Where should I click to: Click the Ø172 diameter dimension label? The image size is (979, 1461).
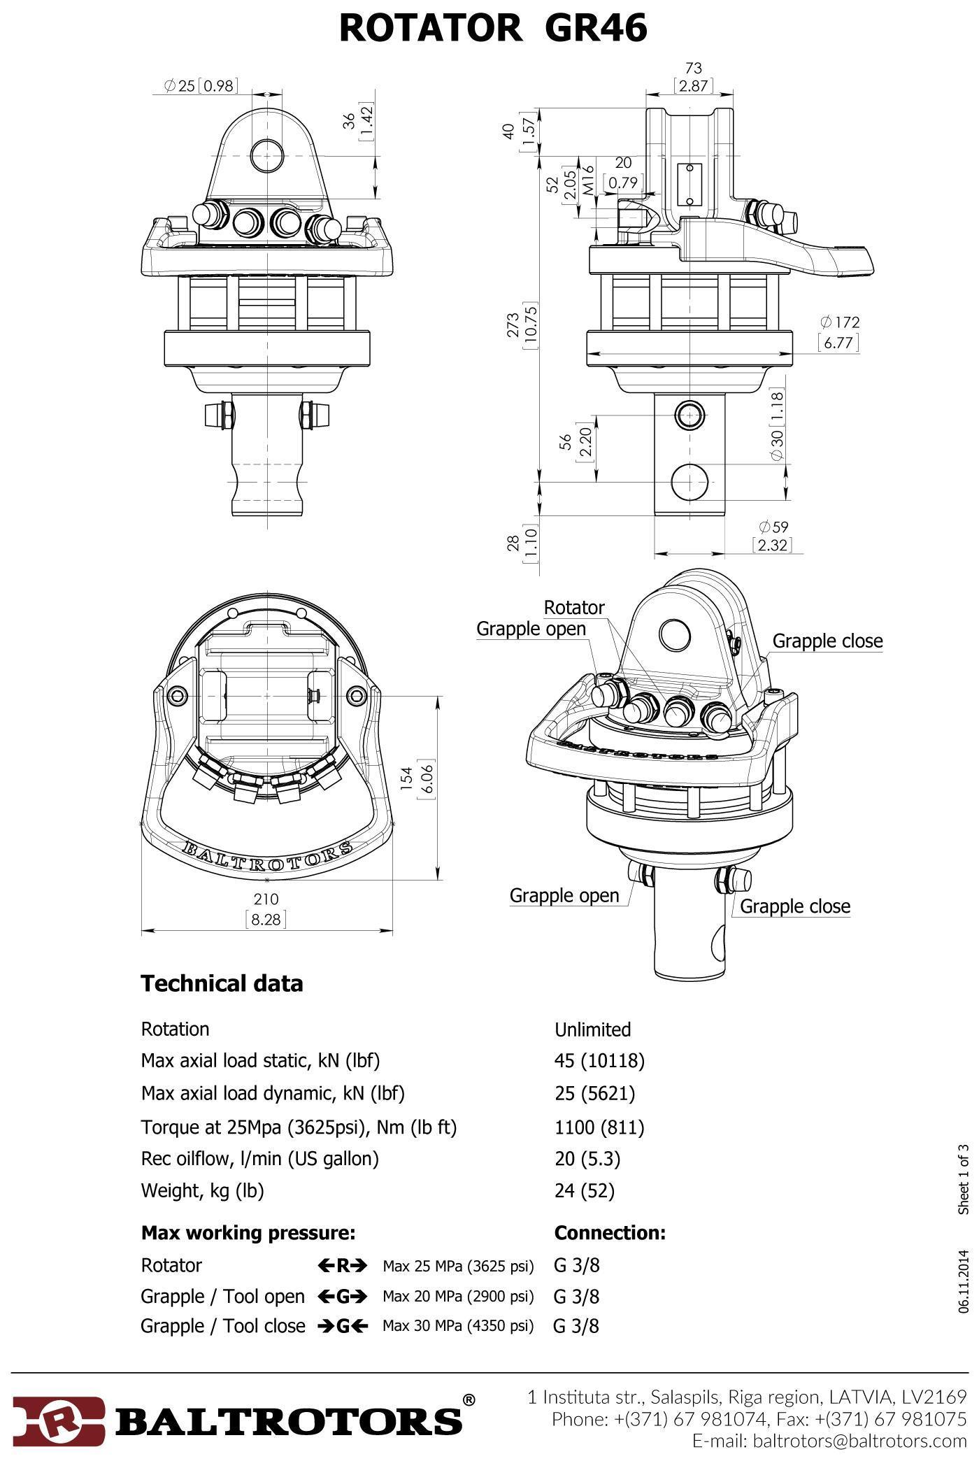(x=839, y=322)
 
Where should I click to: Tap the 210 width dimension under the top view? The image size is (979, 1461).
(x=266, y=899)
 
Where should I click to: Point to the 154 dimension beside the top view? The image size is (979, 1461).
(x=406, y=776)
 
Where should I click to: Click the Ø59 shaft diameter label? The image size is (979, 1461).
(x=773, y=527)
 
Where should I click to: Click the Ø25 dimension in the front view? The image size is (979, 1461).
(x=180, y=85)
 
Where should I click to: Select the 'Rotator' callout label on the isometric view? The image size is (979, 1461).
(x=573, y=607)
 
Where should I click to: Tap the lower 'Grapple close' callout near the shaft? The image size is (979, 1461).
(x=795, y=906)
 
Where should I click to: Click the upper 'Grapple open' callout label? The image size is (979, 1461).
(x=531, y=629)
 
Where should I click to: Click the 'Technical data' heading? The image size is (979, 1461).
(x=222, y=983)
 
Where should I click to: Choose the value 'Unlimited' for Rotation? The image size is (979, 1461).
(x=592, y=1029)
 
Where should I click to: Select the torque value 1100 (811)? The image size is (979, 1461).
(x=599, y=1127)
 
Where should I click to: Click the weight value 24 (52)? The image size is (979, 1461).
(x=584, y=1190)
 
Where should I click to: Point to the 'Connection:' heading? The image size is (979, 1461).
(x=610, y=1232)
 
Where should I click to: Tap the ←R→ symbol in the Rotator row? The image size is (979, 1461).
(x=342, y=1265)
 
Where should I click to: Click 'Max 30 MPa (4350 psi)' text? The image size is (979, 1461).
(x=458, y=1326)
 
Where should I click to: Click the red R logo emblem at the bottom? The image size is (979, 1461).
(x=59, y=1420)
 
